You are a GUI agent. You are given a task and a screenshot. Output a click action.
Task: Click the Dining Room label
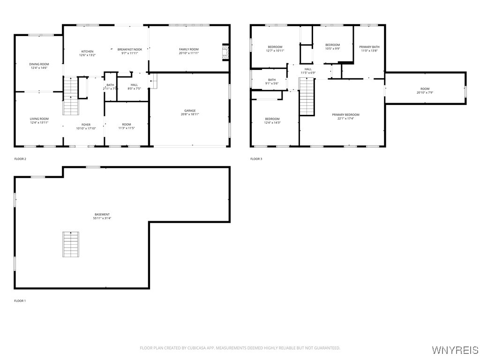pyautogui.click(x=39, y=64)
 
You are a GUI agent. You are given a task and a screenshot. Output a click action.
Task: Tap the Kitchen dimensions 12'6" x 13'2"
pyautogui.click(x=87, y=55)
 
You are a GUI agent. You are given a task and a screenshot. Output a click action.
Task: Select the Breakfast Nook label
pyautogui.click(x=130, y=49)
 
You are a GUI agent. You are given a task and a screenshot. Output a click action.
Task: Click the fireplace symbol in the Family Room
pyautogui.click(x=225, y=52)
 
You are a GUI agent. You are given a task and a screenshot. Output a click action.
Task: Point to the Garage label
pyautogui.click(x=190, y=111)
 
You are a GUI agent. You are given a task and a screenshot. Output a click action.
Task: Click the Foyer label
pyautogui.click(x=86, y=125)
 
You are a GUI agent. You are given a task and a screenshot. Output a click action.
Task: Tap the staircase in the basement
pyautogui.click(x=71, y=244)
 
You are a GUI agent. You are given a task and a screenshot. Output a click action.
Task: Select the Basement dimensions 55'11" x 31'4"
pyautogui.click(x=102, y=218)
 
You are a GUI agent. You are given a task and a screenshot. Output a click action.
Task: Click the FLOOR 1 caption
pyautogui.click(x=20, y=300)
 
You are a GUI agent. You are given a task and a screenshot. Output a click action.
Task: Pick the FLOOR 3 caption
pyautogui.click(x=256, y=159)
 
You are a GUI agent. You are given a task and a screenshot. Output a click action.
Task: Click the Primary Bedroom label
pyautogui.click(x=345, y=115)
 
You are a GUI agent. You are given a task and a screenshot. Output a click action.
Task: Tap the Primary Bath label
pyautogui.click(x=369, y=47)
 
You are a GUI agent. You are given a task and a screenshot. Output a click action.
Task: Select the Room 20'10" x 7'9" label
pyautogui.click(x=425, y=89)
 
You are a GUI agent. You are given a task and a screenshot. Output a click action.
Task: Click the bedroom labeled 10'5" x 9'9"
pyautogui.click(x=332, y=45)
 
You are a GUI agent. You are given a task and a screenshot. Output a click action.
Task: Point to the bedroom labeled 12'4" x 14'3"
pyautogui.click(x=272, y=119)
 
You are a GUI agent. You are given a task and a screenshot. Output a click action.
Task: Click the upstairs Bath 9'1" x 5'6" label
pyautogui.click(x=272, y=80)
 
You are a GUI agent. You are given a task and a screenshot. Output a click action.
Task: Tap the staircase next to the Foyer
pyautogui.click(x=70, y=96)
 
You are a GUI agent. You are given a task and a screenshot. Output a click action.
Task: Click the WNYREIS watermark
pyautogui.click(x=455, y=350)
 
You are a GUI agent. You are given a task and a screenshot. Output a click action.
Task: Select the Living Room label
pyautogui.click(x=39, y=119)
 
